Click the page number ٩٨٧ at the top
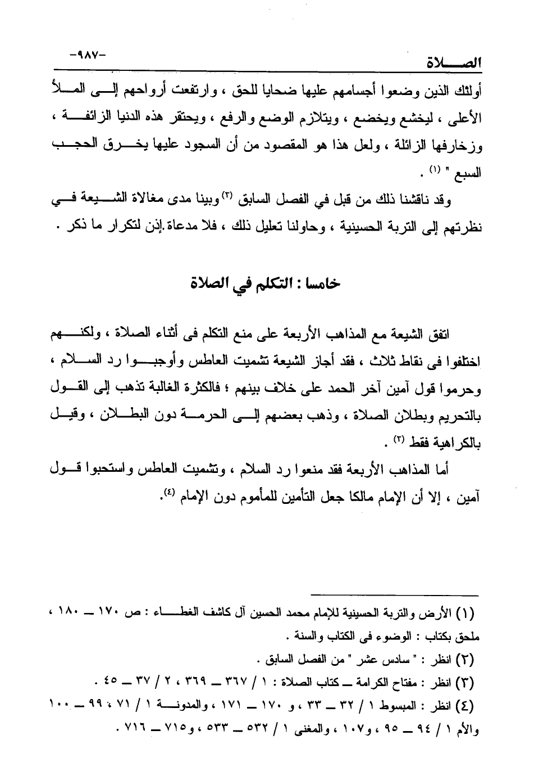[x=88, y=56]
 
